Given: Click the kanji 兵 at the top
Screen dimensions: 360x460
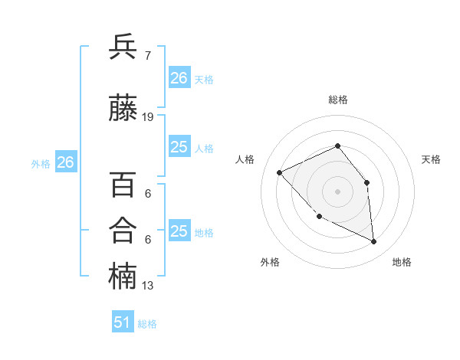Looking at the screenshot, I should [123, 47].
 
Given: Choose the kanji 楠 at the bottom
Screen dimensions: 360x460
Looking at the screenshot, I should [123, 277].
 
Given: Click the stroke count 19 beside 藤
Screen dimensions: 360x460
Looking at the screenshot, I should [148, 117].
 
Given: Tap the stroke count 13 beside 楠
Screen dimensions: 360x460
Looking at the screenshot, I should [148, 286].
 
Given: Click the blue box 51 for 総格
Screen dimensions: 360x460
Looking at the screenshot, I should [123, 322].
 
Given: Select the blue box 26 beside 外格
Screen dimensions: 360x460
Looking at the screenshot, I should [65, 162].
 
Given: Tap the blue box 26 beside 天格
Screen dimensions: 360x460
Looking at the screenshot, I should [179, 77].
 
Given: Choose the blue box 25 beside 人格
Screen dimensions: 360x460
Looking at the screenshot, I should [179, 147].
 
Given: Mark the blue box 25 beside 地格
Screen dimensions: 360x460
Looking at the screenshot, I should [179, 231].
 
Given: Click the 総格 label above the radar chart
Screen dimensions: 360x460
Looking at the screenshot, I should [338, 100].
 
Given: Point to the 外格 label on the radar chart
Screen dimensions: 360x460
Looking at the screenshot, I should [270, 262].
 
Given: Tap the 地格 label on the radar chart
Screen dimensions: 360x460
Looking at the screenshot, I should [402, 262].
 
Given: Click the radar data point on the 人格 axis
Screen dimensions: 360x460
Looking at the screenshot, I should [280, 172].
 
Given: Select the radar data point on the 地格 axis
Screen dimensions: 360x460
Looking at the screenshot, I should [374, 242].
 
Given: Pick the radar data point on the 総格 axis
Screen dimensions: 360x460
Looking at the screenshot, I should [337, 146].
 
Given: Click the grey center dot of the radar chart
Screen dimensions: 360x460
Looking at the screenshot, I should [337, 191].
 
